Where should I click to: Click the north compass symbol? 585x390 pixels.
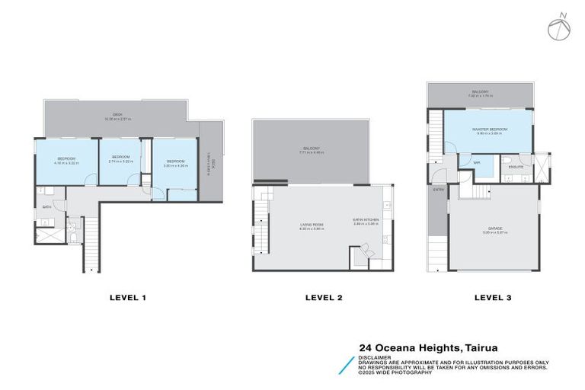pyautogui.click(x=558, y=27)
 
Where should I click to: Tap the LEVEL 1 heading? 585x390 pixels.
pyautogui.click(x=127, y=298)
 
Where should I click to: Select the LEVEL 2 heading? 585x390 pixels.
pyautogui.click(x=324, y=298)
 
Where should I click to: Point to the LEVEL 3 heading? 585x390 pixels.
pyautogui.click(x=492, y=298)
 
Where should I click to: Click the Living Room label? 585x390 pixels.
pyautogui.click(x=312, y=223)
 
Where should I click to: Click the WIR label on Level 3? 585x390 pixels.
pyautogui.click(x=476, y=162)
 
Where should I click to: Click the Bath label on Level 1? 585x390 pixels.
pyautogui.click(x=46, y=206)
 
